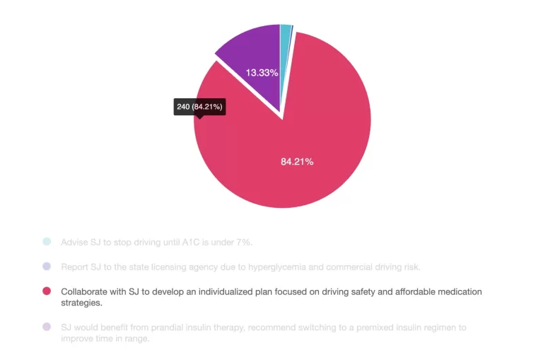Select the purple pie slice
pyautogui.click(x=251, y=57)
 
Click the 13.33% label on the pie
pyautogui.click(x=262, y=72)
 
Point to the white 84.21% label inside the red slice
pyautogui.click(x=297, y=161)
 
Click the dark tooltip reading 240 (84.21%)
pyautogui.click(x=199, y=107)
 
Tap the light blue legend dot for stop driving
pyautogui.click(x=47, y=242)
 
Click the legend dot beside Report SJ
pyautogui.click(x=47, y=267)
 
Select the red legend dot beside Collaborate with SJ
pyautogui.click(x=47, y=291)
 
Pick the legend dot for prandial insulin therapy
pyautogui.click(x=47, y=327)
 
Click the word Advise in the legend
pyautogui.click(x=74, y=242)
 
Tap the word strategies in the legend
pyautogui.click(x=81, y=303)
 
